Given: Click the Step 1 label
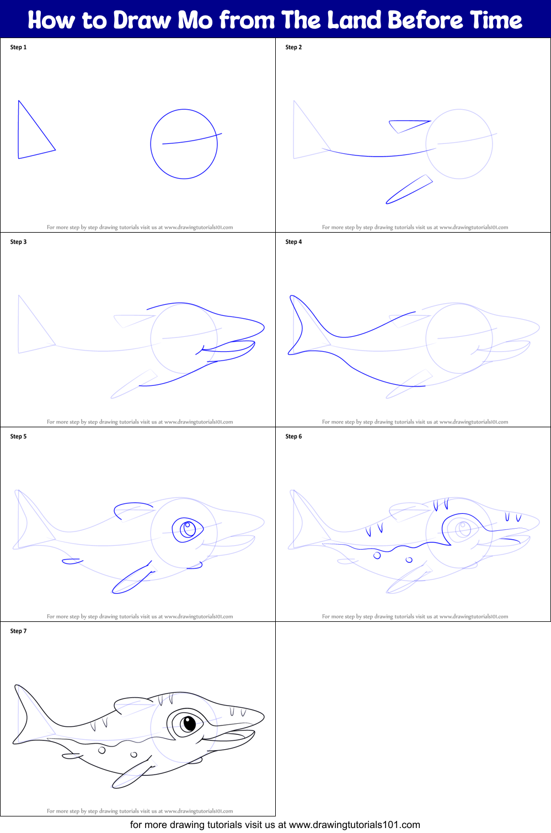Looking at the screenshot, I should point(18,47).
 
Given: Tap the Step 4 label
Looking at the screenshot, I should point(293,242).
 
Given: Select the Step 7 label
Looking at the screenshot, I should point(18,631).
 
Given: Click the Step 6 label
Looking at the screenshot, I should point(293,437).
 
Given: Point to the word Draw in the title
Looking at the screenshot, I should point(142,20).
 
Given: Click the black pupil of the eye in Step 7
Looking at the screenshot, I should point(189,723).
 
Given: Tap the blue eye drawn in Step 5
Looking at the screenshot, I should point(188,529).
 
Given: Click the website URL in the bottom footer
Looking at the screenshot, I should point(354,825).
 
